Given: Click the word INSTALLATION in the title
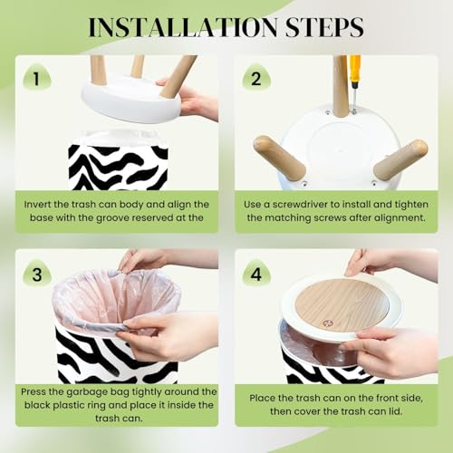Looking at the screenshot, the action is pos(183,27).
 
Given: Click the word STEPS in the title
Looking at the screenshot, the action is pos(324,27).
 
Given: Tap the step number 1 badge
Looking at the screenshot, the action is pos(37,78).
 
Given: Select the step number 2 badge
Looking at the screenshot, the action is pos(256,78).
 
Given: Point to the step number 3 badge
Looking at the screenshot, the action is pos(37,274).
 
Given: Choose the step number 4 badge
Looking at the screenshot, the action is pos(256,274).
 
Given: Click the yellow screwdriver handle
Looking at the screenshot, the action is pos(354,69).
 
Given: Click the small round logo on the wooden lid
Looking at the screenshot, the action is pos(327,323).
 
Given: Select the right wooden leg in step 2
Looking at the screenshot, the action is pos(400,159).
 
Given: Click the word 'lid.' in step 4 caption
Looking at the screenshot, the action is pos(395,411).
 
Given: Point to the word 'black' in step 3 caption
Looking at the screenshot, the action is pos(37,405).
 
